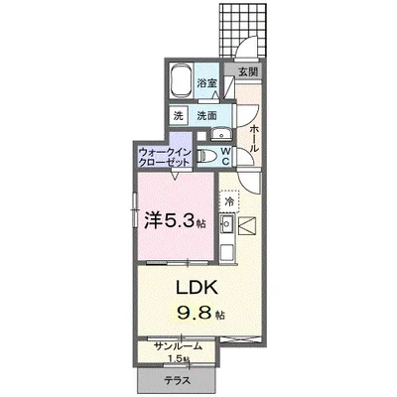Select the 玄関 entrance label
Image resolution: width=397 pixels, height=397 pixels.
click(246, 72)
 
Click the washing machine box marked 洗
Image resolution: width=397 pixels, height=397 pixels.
click(178, 114)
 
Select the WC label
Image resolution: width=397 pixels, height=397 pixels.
click(225, 155)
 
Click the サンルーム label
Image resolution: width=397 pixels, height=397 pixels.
click(179, 345)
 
